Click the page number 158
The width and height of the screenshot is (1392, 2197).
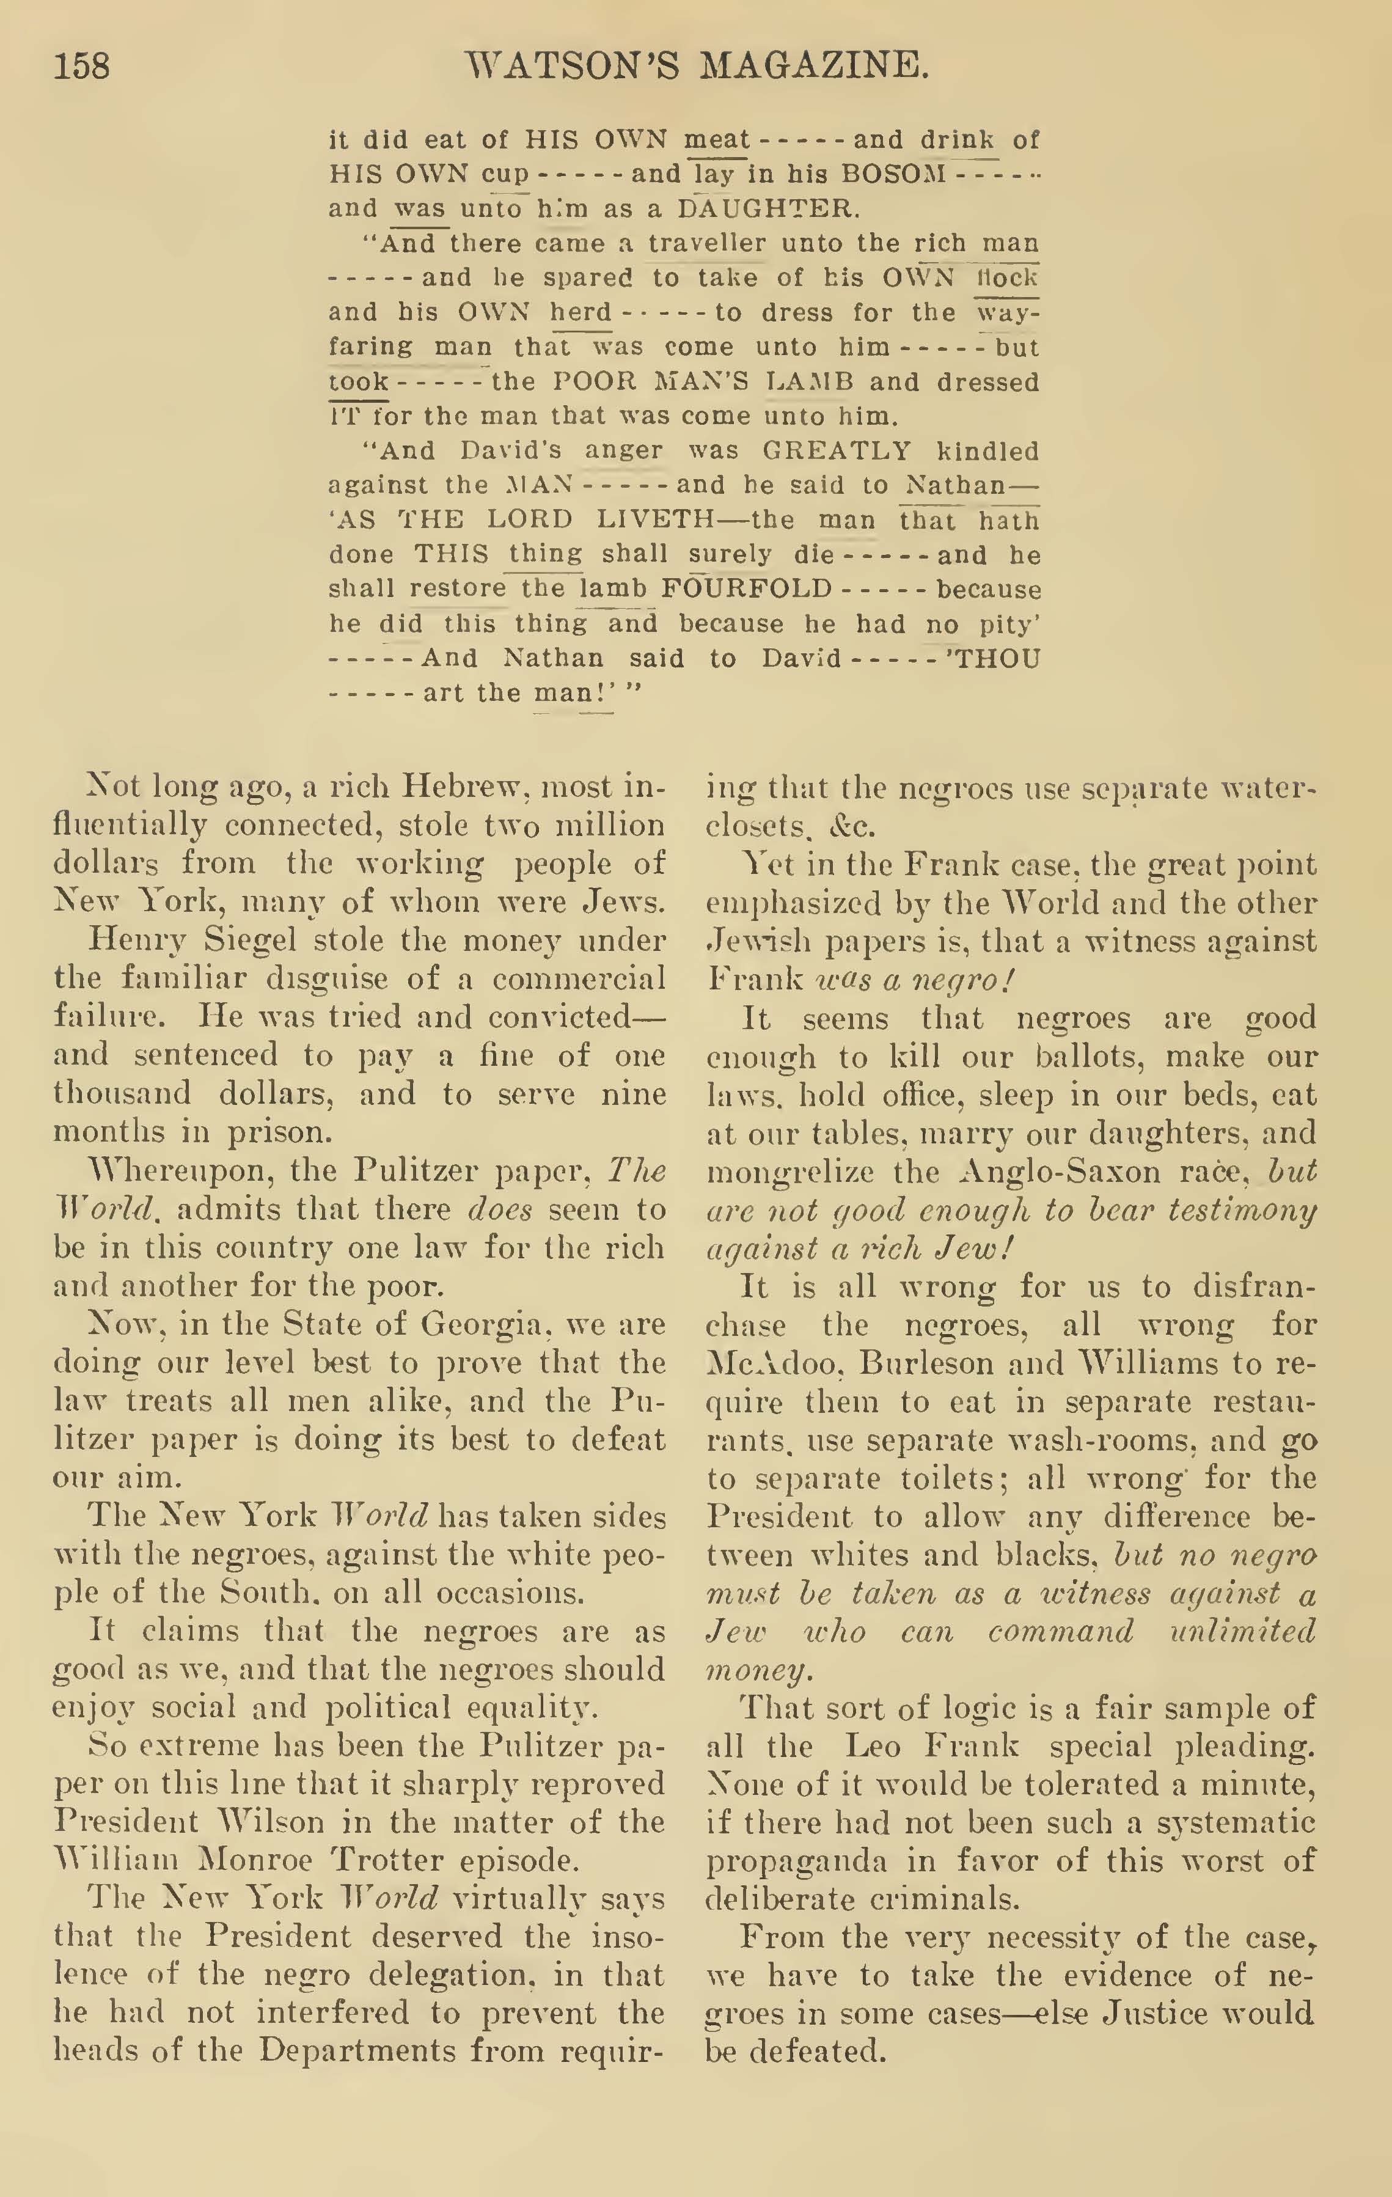pyautogui.click(x=81, y=65)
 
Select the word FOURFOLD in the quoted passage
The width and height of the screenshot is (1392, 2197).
pyautogui.click(x=746, y=589)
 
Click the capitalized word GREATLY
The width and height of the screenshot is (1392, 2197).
pyautogui.click(x=837, y=451)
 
